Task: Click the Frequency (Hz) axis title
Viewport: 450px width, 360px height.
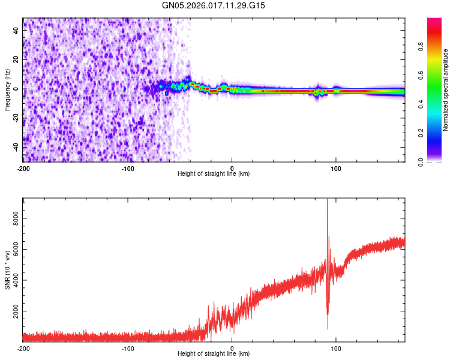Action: tap(7, 89)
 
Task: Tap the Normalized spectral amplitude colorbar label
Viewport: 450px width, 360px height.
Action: tap(446, 90)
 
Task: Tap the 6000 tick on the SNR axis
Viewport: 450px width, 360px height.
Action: tap(14, 249)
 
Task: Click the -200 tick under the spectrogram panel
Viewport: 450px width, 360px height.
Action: tap(23, 168)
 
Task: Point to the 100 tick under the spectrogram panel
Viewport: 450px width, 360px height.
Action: tap(336, 168)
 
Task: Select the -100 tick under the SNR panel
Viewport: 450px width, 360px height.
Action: tap(128, 348)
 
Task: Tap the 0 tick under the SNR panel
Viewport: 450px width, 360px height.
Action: tap(232, 348)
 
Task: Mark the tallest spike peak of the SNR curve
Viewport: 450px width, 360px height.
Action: tap(327, 200)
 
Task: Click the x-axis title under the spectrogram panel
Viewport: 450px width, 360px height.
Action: tap(214, 174)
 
